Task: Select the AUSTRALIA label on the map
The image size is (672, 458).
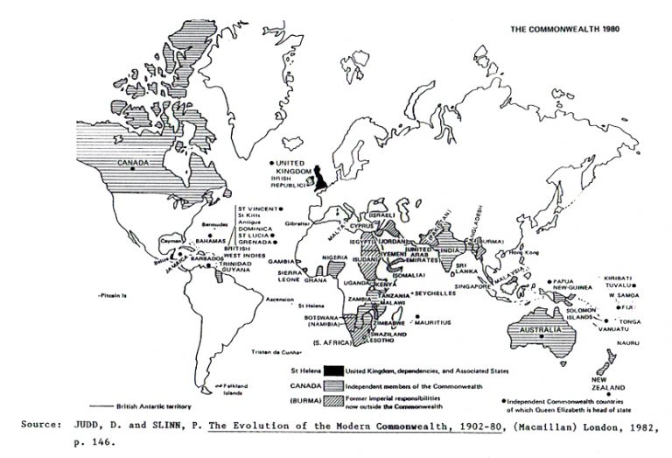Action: click(533, 330)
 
